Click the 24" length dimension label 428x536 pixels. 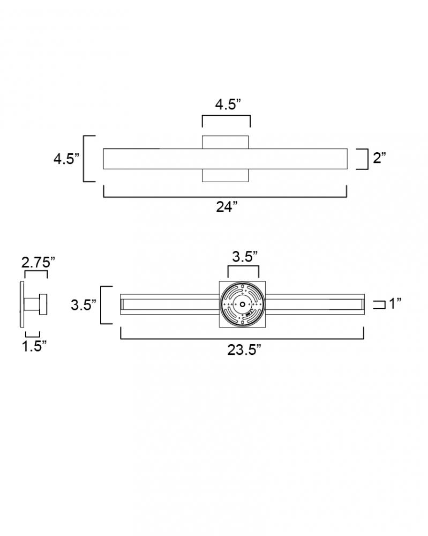[x=227, y=207]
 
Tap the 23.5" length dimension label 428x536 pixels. [x=244, y=349]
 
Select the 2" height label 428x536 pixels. [x=379, y=158]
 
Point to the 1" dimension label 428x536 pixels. [x=395, y=303]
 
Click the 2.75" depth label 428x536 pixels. [x=38, y=263]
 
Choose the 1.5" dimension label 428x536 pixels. [x=34, y=346]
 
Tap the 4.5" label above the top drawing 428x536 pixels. [x=228, y=105]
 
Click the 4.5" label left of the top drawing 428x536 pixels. [x=66, y=159]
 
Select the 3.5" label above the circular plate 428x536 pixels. [x=245, y=256]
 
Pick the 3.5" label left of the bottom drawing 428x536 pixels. [x=84, y=304]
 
